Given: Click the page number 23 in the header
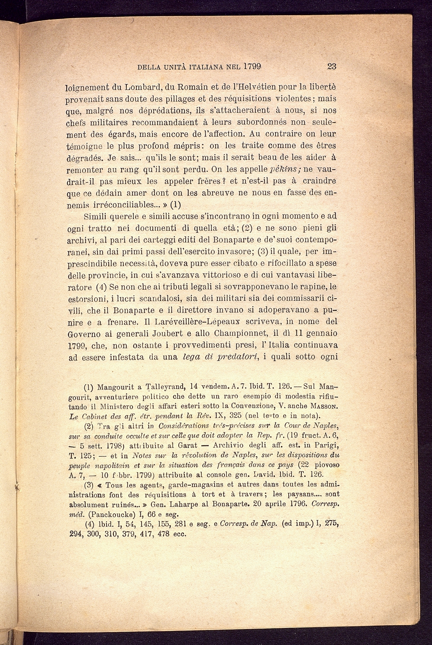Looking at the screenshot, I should click(332, 67).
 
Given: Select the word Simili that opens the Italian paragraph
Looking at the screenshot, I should click(98, 216).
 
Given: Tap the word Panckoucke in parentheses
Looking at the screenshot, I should click(113, 514).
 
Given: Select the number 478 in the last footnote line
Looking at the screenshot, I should click(161, 533).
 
